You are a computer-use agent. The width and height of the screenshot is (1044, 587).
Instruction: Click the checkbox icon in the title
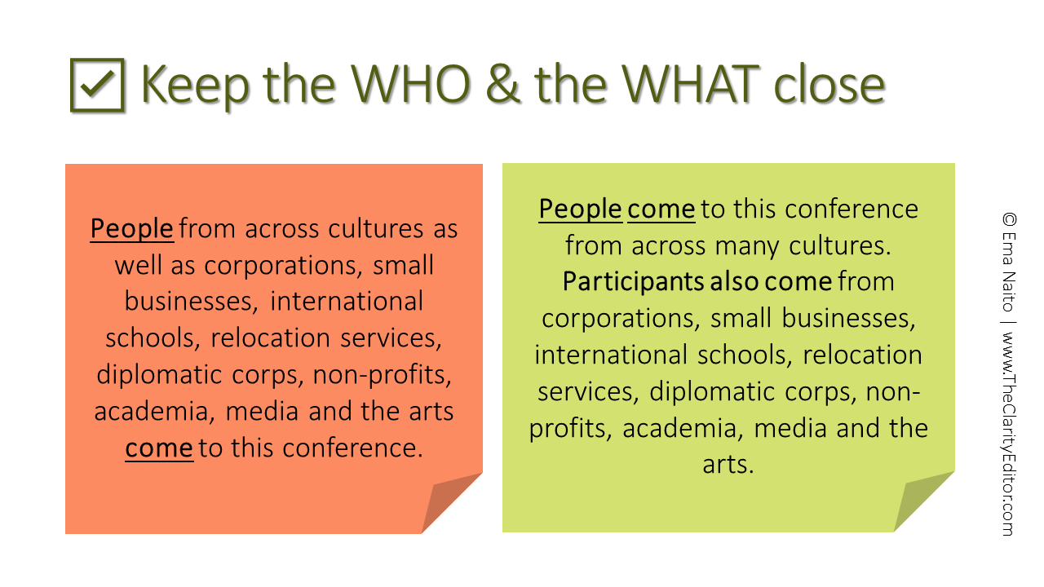coord(97,86)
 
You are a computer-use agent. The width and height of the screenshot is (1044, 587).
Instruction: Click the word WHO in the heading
coord(410,84)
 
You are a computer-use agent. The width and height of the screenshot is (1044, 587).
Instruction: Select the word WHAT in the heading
coord(691,84)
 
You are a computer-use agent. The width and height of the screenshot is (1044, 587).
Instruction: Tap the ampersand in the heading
coord(502,84)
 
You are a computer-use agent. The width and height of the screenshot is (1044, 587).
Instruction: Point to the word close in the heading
coord(829,84)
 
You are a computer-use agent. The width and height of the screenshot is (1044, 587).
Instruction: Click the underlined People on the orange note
coord(132,229)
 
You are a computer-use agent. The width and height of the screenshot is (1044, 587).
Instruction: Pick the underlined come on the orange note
coord(159,448)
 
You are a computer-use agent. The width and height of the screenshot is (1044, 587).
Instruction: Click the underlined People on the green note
coord(580,210)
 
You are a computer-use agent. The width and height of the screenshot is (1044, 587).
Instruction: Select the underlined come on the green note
coord(661,210)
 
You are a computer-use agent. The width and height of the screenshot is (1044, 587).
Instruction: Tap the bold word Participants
coord(633,282)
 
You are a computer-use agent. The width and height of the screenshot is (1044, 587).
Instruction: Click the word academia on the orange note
coord(151,412)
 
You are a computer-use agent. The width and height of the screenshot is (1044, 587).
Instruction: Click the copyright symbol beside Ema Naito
coord(1010,219)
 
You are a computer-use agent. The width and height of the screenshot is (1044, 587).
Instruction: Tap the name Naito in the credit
coord(1010,292)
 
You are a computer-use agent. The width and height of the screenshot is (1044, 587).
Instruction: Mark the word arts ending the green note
coord(728,465)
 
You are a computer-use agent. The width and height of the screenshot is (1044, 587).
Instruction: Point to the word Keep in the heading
coord(195,86)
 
